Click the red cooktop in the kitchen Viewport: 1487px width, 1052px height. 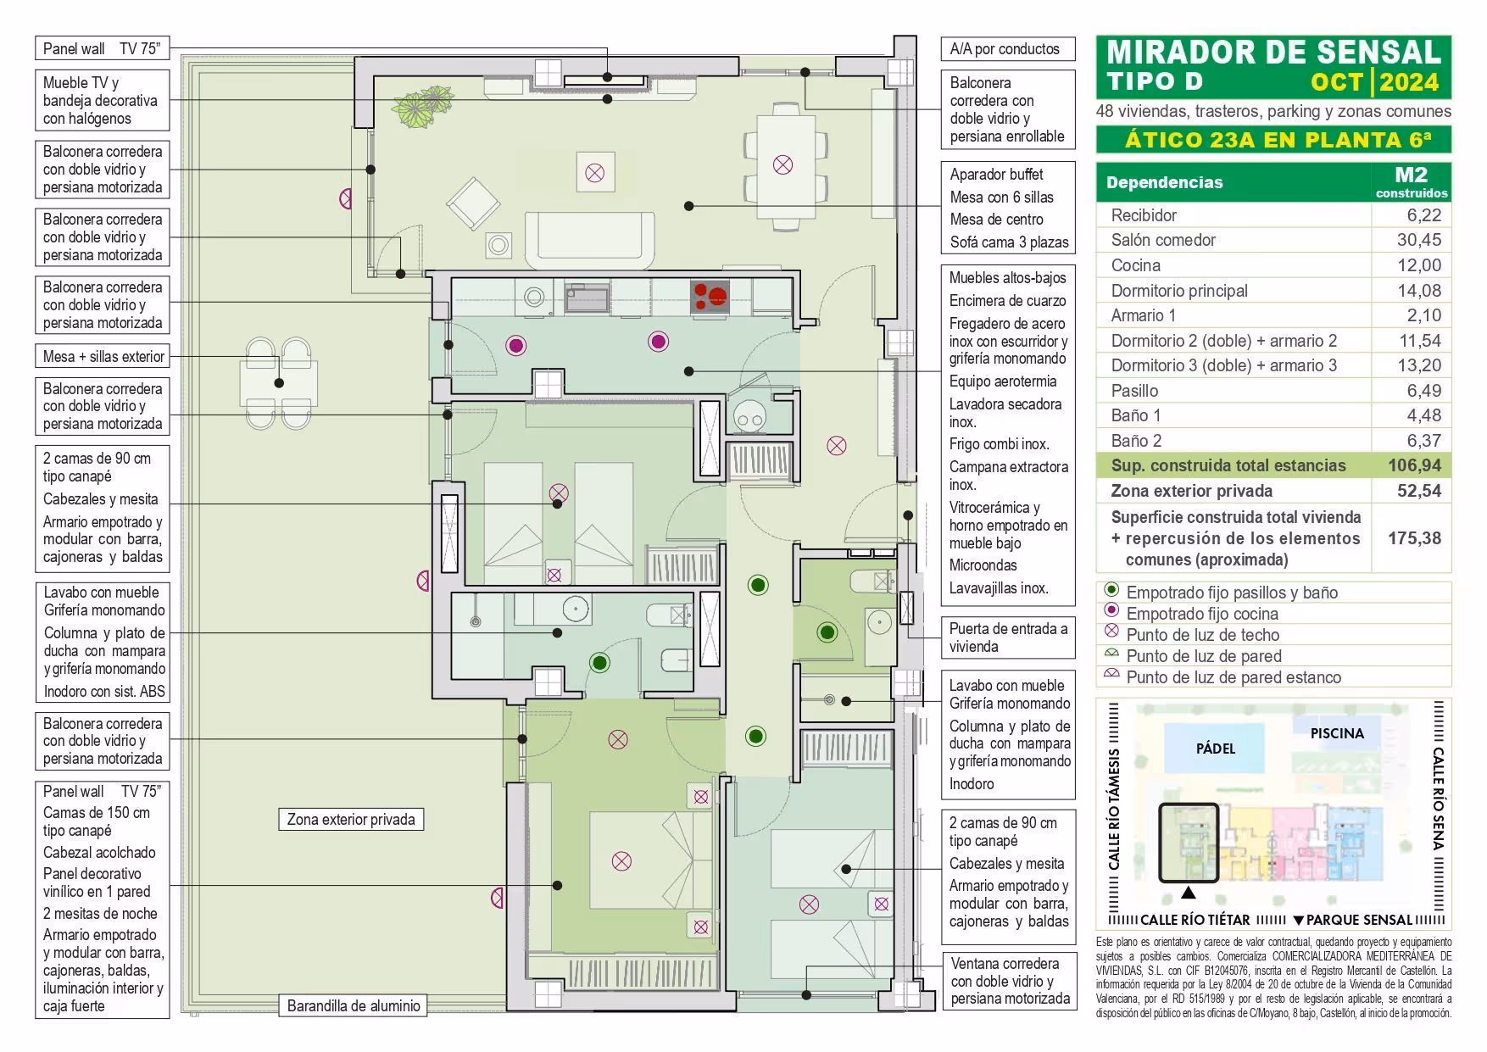pyautogui.click(x=711, y=297)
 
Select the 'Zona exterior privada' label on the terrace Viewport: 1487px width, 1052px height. pyautogui.click(x=351, y=820)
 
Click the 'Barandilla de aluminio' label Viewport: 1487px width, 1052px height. pyautogui.click(x=354, y=1006)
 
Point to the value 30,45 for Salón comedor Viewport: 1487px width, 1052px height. pyautogui.click(x=1418, y=240)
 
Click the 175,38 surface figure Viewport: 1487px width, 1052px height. pyautogui.click(x=1414, y=538)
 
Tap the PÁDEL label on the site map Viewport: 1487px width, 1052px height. pyautogui.click(x=1215, y=749)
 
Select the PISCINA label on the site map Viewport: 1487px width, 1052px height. pyautogui.click(x=1337, y=733)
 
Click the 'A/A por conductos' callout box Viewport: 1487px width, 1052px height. pyautogui.click(x=1006, y=49)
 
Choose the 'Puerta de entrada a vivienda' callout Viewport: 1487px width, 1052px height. pyautogui.click(x=1007, y=637)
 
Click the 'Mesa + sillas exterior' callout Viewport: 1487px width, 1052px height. pyautogui.click(x=103, y=357)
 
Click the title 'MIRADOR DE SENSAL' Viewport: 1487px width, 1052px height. pyautogui.click(x=1273, y=53)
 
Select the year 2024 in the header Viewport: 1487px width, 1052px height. pyautogui.click(x=1409, y=82)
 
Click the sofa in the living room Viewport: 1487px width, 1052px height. pyautogui.click(x=590, y=239)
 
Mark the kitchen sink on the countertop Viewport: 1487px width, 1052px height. pyautogui.click(x=587, y=298)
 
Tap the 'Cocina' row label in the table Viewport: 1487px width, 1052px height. pyautogui.click(x=1135, y=265)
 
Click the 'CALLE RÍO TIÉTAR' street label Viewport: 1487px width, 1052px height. pyautogui.click(x=1195, y=920)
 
